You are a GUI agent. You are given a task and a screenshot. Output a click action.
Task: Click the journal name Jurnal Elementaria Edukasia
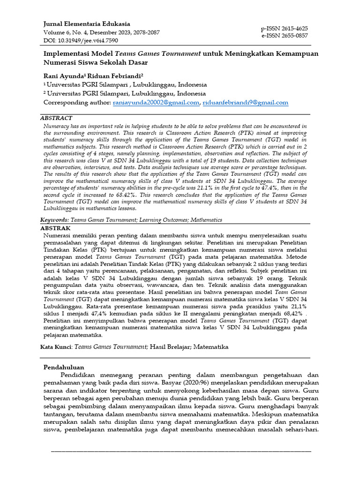pyautogui.click(x=87, y=24)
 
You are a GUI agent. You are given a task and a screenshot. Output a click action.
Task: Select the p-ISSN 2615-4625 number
pyautogui.click(x=285, y=29)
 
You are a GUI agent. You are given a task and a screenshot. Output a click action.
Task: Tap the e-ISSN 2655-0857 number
pyautogui.click(x=285, y=36)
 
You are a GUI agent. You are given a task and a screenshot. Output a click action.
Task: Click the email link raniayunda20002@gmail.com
pyautogui.click(x=156, y=102)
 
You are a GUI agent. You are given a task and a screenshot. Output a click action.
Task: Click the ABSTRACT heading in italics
pyautogui.click(x=56, y=119)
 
